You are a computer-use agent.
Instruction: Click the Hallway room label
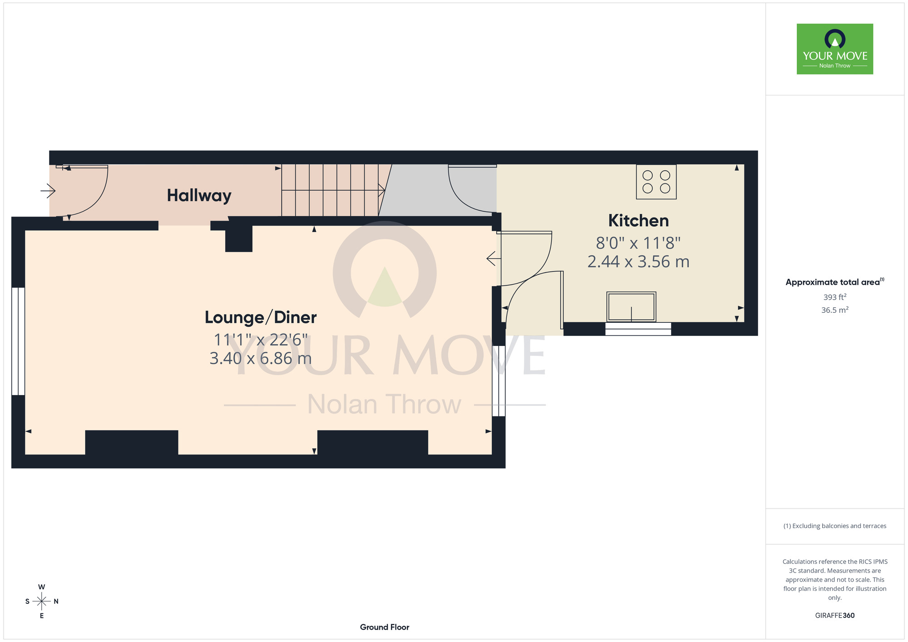199,196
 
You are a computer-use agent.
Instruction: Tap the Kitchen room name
638,221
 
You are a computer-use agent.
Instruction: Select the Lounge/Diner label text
261,317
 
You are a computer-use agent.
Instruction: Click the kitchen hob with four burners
656,182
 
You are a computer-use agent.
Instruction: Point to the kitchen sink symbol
631,307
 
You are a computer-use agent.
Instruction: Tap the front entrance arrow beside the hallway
48,191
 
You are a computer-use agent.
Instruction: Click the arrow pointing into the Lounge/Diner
493,259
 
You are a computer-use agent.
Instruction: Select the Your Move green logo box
834,49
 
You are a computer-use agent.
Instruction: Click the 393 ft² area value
835,297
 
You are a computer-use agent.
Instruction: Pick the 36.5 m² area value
835,310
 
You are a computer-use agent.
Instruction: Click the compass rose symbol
42,601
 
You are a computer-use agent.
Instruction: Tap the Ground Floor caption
385,627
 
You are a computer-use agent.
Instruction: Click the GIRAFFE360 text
835,616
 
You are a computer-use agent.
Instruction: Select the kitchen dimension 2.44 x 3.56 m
638,262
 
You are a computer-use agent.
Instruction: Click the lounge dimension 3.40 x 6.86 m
261,358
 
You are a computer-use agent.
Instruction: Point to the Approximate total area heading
835,282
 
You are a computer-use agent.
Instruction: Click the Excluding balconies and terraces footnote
835,526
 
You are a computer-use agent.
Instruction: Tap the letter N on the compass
56,602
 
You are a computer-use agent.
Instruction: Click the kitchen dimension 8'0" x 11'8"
638,243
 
